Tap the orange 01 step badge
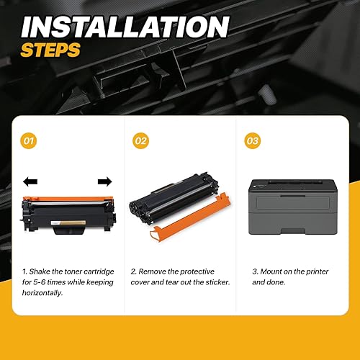[x=30, y=141]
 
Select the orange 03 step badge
[x=251, y=141]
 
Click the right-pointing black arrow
[x=104, y=181]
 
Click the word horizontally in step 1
[x=43, y=294]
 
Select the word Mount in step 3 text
[x=274, y=271]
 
